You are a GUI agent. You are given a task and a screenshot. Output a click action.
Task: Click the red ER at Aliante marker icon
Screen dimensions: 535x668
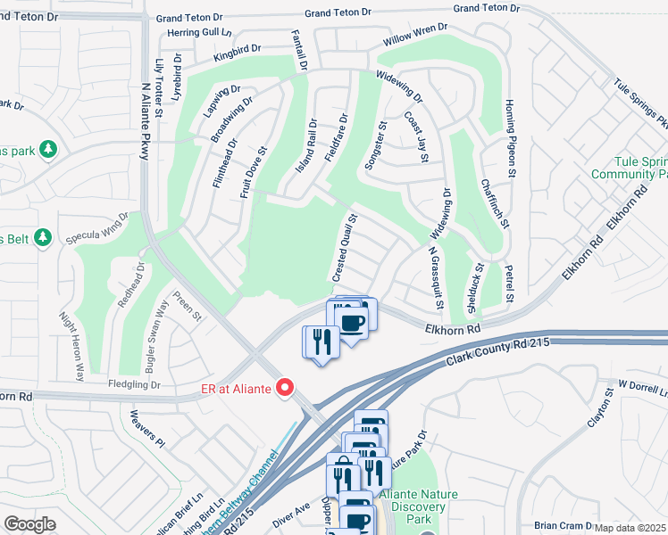point(286,387)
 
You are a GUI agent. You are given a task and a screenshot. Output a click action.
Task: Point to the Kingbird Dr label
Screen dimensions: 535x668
point(238,53)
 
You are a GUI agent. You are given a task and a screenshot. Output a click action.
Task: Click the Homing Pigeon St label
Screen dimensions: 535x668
point(512,137)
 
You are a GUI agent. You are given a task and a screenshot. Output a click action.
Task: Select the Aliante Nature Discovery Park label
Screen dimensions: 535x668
point(412,506)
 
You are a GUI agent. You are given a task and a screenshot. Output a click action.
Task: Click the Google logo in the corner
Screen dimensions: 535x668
point(29,523)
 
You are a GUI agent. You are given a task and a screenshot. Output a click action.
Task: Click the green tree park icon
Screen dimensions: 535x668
point(51,148)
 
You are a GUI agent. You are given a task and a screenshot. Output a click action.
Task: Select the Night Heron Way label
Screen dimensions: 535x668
point(72,346)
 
